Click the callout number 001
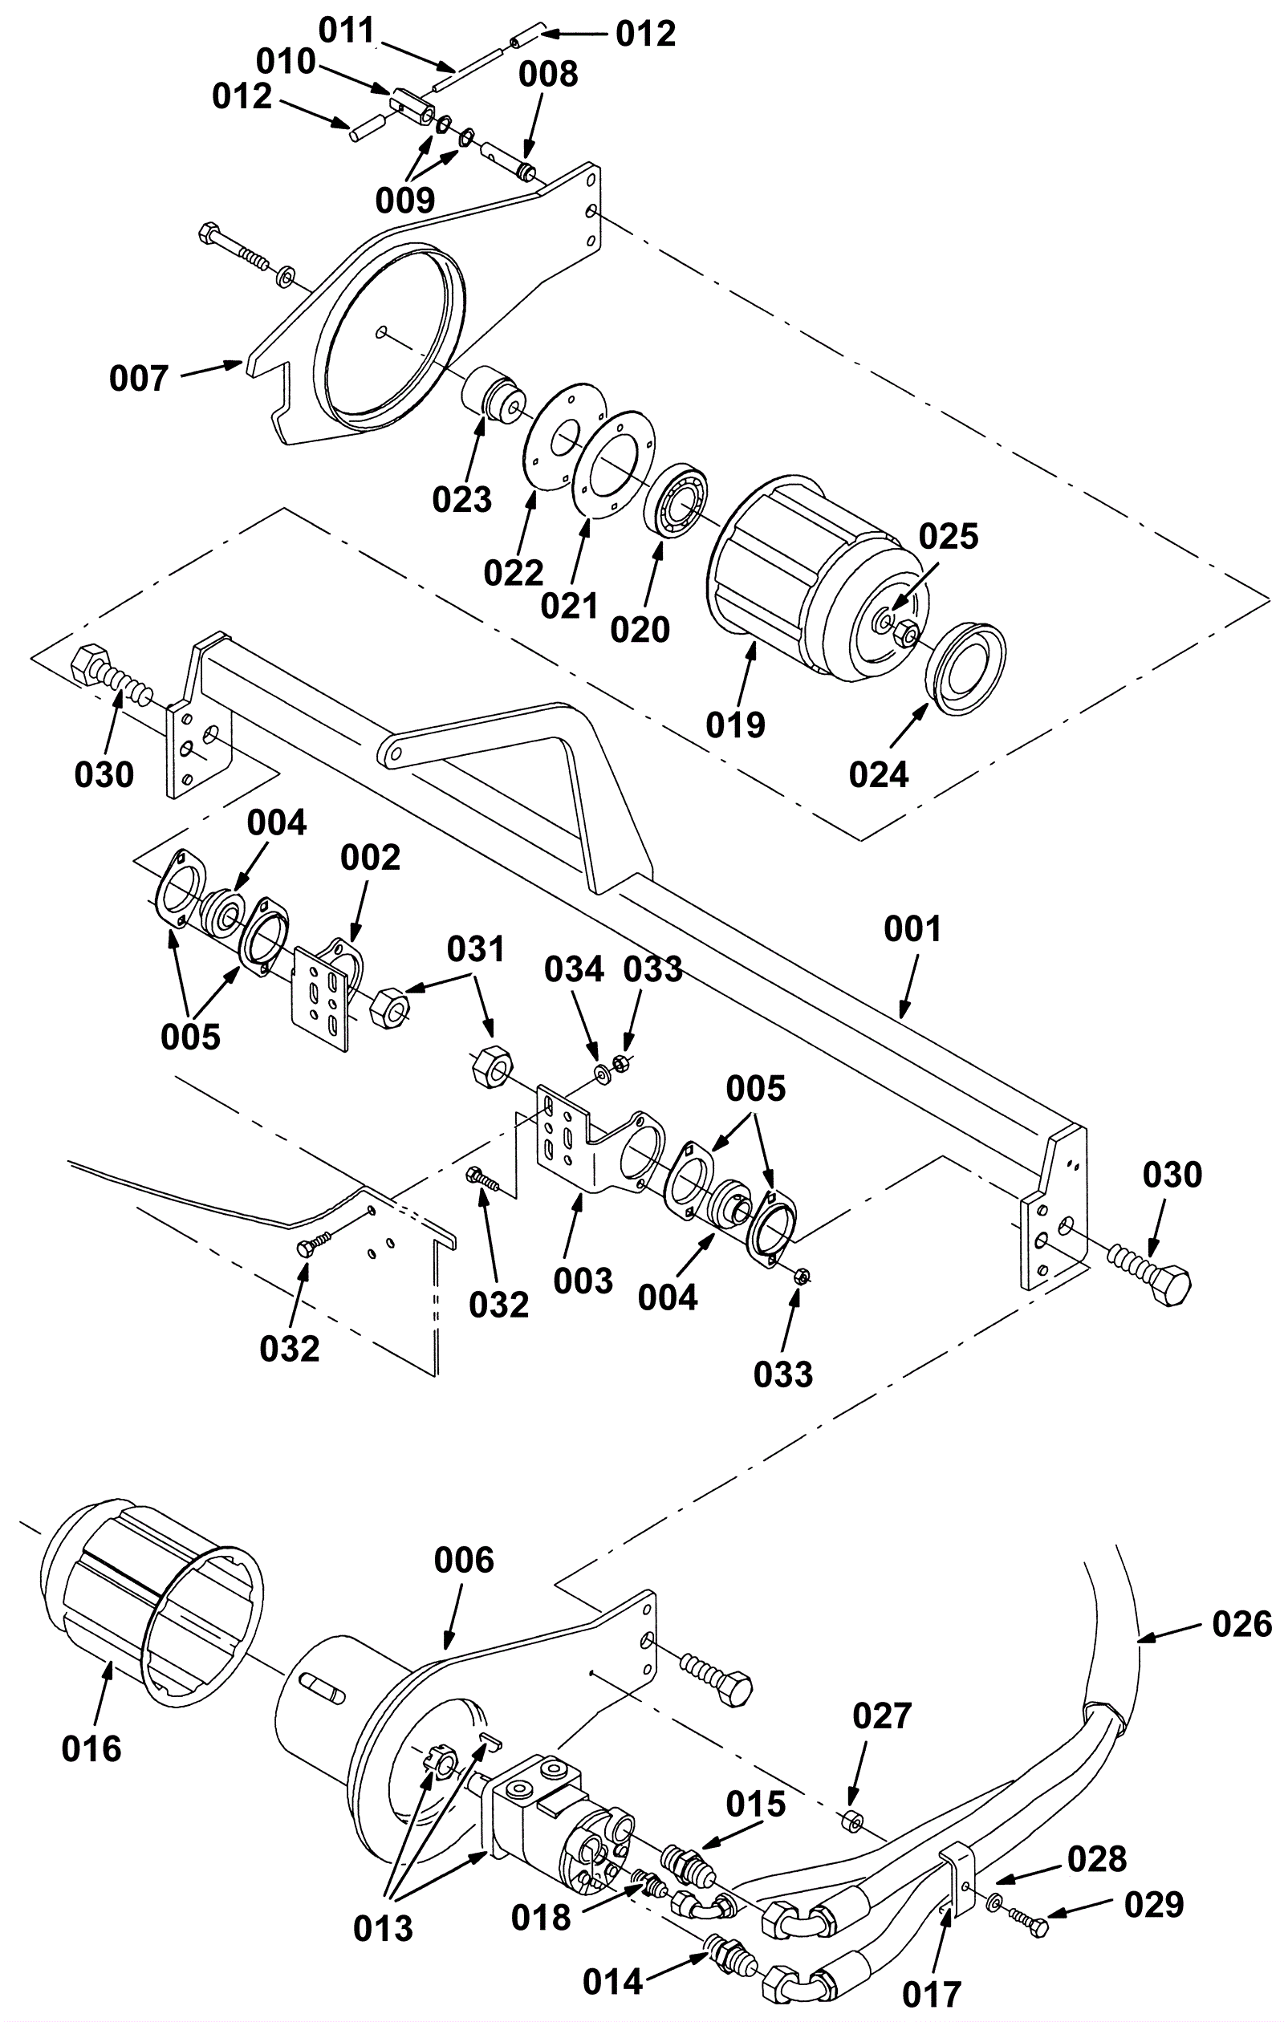pos(912,928)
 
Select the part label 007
pos(140,379)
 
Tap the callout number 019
pos(736,725)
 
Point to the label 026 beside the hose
pos(1242,1625)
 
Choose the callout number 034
pos(575,969)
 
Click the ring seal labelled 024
pos(967,668)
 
